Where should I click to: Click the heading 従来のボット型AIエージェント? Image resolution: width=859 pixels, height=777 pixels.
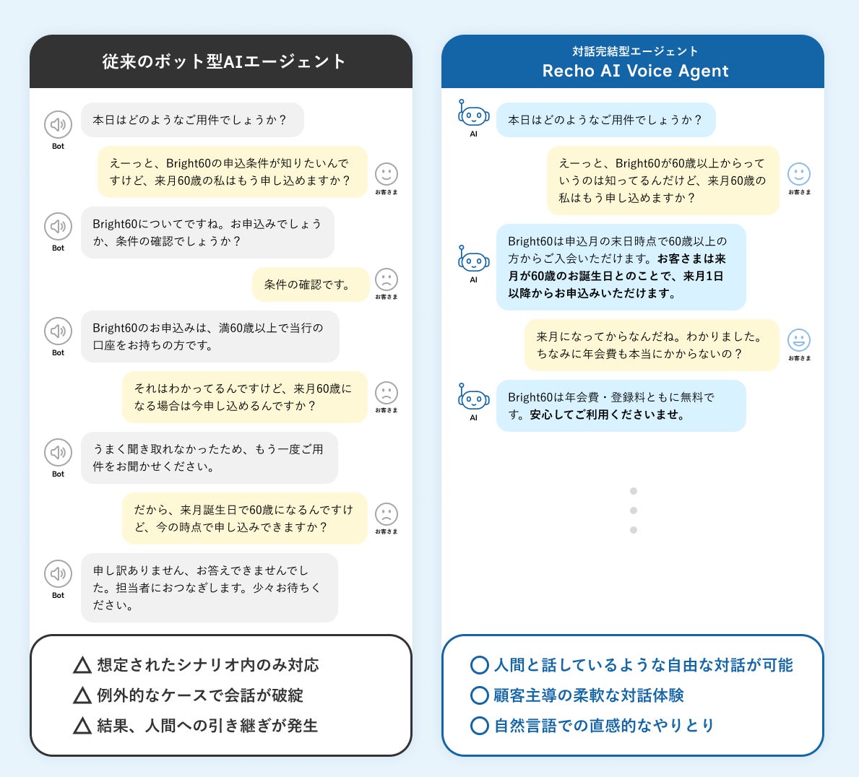pyautogui.click(x=224, y=61)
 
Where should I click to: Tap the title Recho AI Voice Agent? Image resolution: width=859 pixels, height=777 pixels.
pyautogui.click(x=635, y=71)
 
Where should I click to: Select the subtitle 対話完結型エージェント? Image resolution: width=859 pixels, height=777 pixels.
pyautogui.click(x=635, y=51)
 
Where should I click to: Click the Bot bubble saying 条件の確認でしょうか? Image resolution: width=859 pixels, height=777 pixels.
pyautogui.click(x=207, y=233)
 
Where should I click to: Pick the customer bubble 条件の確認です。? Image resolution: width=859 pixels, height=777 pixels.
pyautogui.click(x=310, y=285)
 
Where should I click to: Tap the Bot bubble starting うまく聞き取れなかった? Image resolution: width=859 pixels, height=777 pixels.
pyautogui.click(x=209, y=458)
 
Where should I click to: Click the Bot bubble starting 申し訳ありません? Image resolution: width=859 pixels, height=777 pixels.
pyautogui.click(x=209, y=588)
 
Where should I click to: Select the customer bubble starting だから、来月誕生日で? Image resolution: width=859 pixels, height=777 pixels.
pyautogui.click(x=244, y=518)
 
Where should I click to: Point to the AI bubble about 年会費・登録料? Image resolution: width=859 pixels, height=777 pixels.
pyautogui.click(x=621, y=406)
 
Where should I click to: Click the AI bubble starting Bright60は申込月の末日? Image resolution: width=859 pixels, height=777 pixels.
pyautogui.click(x=621, y=267)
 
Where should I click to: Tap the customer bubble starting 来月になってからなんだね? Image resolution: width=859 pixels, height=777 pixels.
pyautogui.click(x=651, y=345)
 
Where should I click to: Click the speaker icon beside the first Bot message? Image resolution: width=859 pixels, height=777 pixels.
pyautogui.click(x=58, y=125)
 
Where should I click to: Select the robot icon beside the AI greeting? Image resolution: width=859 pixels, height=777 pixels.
pyautogui.click(x=474, y=116)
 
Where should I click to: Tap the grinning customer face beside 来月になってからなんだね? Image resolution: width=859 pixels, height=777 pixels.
pyautogui.click(x=798, y=340)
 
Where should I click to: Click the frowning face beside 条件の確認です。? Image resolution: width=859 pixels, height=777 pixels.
pyautogui.click(x=387, y=279)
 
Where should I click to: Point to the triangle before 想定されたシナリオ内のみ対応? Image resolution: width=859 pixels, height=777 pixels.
pyautogui.click(x=82, y=665)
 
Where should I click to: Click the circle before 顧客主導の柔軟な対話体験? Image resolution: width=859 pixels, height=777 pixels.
pyautogui.click(x=479, y=695)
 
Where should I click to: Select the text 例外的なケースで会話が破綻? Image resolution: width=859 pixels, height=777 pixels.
pyautogui.click(x=200, y=695)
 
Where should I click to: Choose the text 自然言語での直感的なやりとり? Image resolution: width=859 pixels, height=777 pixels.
pyautogui.click(x=604, y=726)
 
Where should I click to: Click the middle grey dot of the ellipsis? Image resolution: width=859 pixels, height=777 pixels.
pyautogui.click(x=634, y=511)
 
